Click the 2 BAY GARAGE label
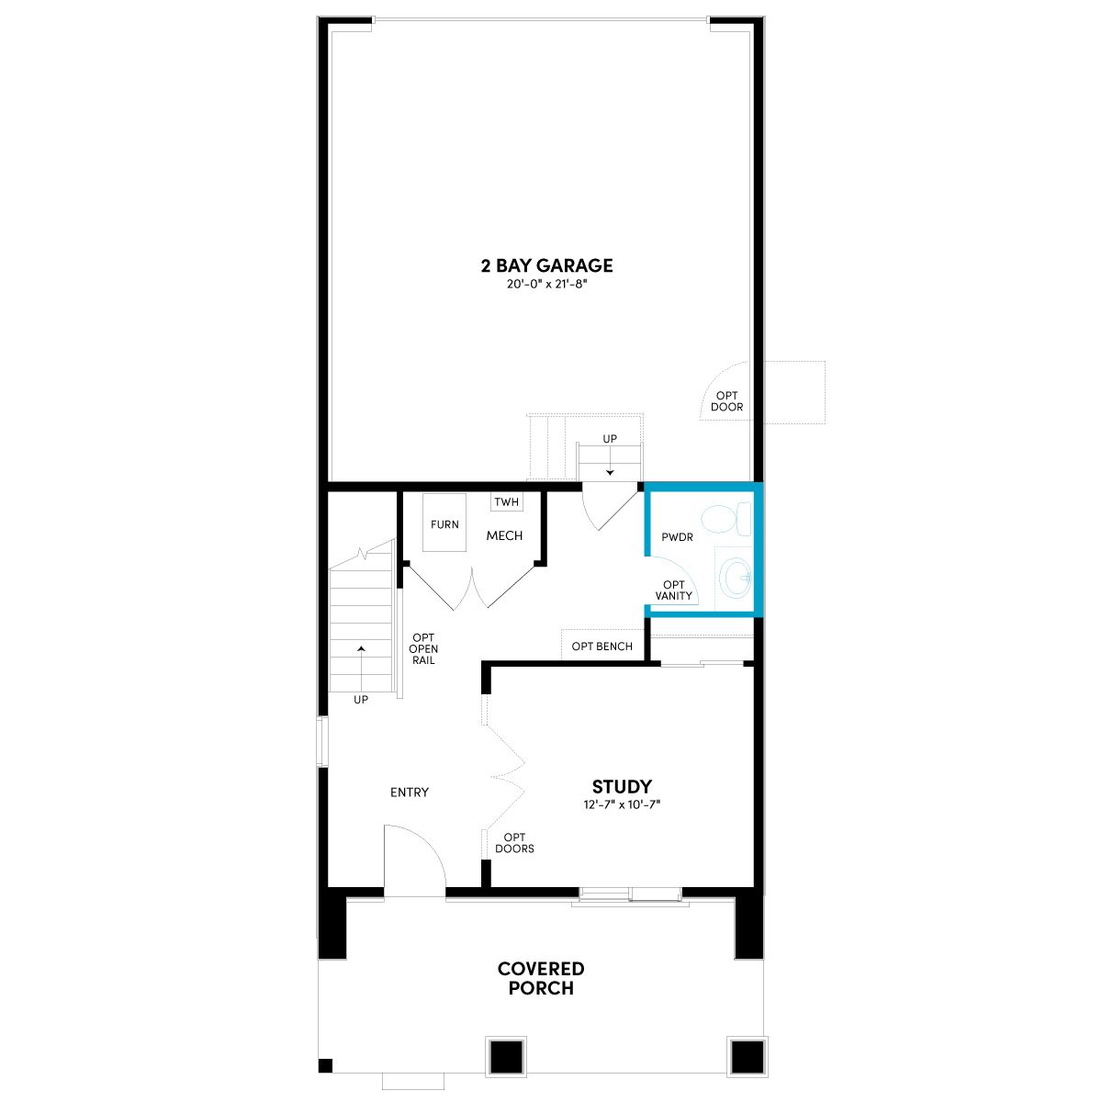[546, 265]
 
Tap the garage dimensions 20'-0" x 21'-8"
[546, 284]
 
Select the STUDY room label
[622, 786]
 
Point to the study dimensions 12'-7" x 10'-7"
[622, 804]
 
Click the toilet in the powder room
[726, 519]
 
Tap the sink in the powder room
[736, 577]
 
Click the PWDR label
[677, 537]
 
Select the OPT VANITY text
[674, 590]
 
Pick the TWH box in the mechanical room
[507, 502]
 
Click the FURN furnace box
[444, 523]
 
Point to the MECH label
[504, 535]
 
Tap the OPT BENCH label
[602, 647]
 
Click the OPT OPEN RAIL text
[423, 648]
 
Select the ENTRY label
[410, 792]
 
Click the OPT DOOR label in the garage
[726, 401]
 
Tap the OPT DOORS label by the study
[514, 843]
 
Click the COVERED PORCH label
[541, 978]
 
